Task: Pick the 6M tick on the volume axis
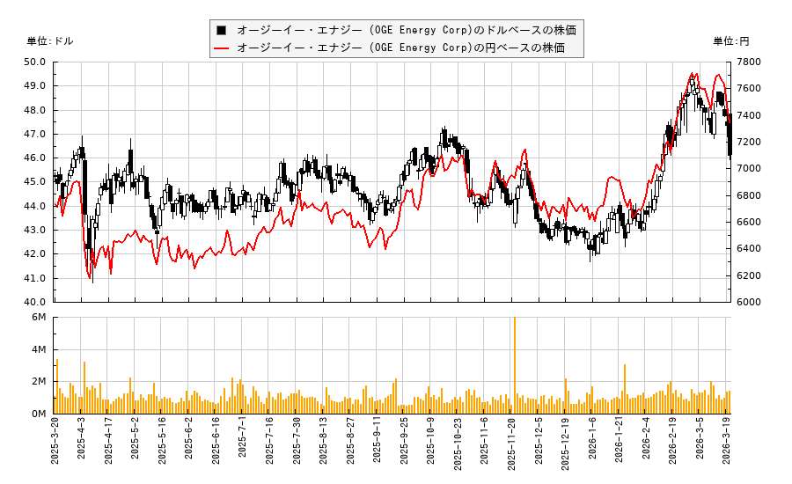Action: (40, 318)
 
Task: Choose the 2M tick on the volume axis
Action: (40, 382)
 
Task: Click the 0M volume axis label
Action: (40, 414)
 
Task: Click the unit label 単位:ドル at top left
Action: (50, 41)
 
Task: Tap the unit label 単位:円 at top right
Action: (730, 41)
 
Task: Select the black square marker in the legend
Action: (222, 30)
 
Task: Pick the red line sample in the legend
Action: (222, 48)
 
